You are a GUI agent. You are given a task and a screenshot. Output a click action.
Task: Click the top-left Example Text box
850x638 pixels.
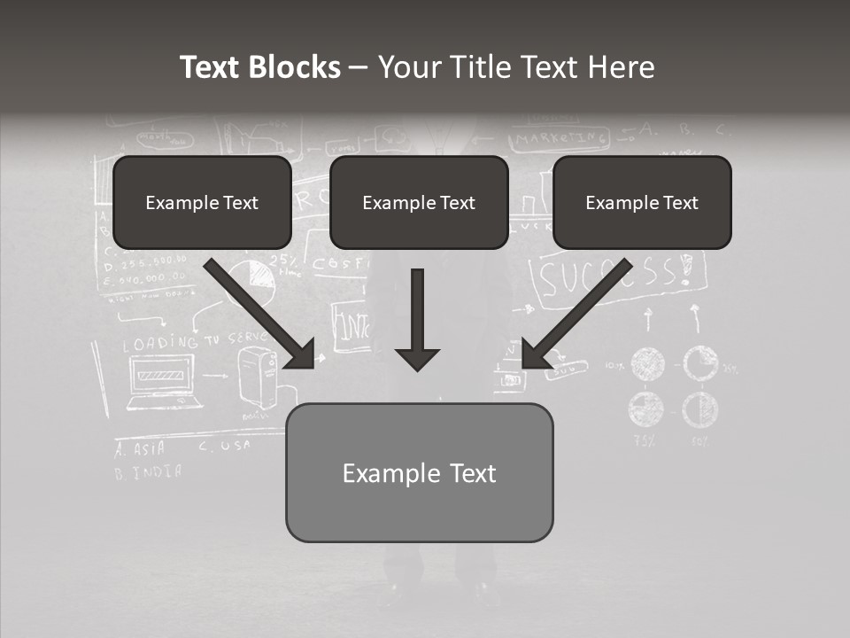(202, 202)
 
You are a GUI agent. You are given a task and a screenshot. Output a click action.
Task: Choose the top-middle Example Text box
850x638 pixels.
(419, 202)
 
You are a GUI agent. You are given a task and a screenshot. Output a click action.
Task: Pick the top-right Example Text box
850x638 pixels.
(642, 202)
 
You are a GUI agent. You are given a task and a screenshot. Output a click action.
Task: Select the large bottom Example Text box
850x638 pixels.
(419, 472)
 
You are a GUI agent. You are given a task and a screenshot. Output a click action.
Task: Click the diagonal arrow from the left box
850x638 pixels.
(260, 313)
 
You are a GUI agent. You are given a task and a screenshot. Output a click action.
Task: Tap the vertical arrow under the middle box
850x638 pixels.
(417, 319)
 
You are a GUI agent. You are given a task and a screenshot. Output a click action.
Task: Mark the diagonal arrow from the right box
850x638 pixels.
(577, 313)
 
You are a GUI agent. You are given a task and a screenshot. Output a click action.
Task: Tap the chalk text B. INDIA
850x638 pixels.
(148, 471)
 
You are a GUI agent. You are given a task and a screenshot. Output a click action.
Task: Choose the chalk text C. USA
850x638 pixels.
(224, 446)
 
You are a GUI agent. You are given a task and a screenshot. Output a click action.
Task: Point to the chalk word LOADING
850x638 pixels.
(159, 342)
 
